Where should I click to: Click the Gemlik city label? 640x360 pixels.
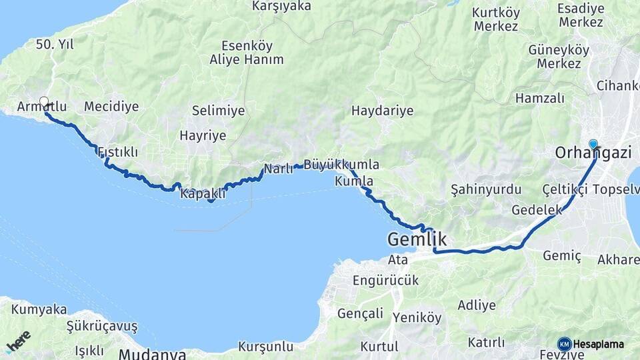[417, 239]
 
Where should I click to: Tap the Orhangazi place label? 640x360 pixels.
[593, 153]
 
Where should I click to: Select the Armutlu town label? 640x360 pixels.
[42, 107]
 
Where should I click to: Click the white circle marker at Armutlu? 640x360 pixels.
[44, 102]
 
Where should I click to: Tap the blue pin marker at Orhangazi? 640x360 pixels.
[593, 143]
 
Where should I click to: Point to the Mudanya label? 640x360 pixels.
[153, 354]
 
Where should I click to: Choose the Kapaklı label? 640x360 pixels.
[203, 194]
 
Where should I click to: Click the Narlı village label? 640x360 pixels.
[279, 169]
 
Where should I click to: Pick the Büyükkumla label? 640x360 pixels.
[341, 165]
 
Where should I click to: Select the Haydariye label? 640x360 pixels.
[382, 111]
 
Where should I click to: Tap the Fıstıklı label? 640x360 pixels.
[118, 152]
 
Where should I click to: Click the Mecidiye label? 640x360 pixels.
[111, 107]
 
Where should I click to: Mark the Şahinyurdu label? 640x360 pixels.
[486, 189]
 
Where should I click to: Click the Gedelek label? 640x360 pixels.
[533, 210]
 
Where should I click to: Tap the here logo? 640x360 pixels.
[18, 341]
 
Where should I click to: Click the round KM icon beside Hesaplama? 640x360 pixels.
[564, 344]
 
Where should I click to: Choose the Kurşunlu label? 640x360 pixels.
[266, 347]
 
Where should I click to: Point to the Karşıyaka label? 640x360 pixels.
[282, 6]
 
